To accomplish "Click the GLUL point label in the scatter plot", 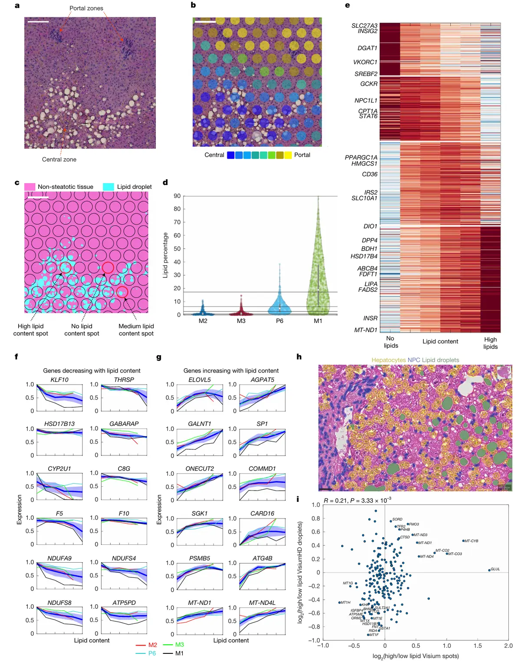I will pyautogui.click(x=495, y=569).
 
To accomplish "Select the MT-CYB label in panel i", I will pyautogui.click(x=471, y=541).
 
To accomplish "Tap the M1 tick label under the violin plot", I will pyautogui.click(x=318, y=321).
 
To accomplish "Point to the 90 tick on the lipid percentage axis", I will pyautogui.click(x=177, y=196).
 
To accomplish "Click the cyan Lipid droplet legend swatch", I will pyautogui.click(x=108, y=187).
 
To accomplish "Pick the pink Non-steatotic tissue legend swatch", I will pyautogui.click(x=30, y=187).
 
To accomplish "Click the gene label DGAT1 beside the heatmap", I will pyautogui.click(x=367, y=48).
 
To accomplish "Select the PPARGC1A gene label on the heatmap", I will pyautogui.click(x=361, y=158).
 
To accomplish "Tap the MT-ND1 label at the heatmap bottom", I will pyautogui.click(x=366, y=330).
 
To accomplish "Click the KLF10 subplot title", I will pyautogui.click(x=59, y=380).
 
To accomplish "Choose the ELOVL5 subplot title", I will pyautogui.click(x=200, y=380).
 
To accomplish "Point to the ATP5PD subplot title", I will pyautogui.click(x=124, y=603).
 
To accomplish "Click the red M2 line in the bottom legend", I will pyautogui.click(x=141, y=645).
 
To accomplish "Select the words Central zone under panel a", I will pyautogui.click(x=59, y=159).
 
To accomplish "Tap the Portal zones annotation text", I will pyautogui.click(x=86, y=8).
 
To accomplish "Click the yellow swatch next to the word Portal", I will pyautogui.click(x=288, y=155).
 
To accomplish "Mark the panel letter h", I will pyautogui.click(x=299, y=357).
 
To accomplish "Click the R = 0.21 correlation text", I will pyautogui.click(x=336, y=501).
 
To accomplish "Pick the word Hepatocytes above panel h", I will pyautogui.click(x=389, y=360).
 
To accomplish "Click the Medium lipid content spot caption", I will pyautogui.click(x=136, y=330).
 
